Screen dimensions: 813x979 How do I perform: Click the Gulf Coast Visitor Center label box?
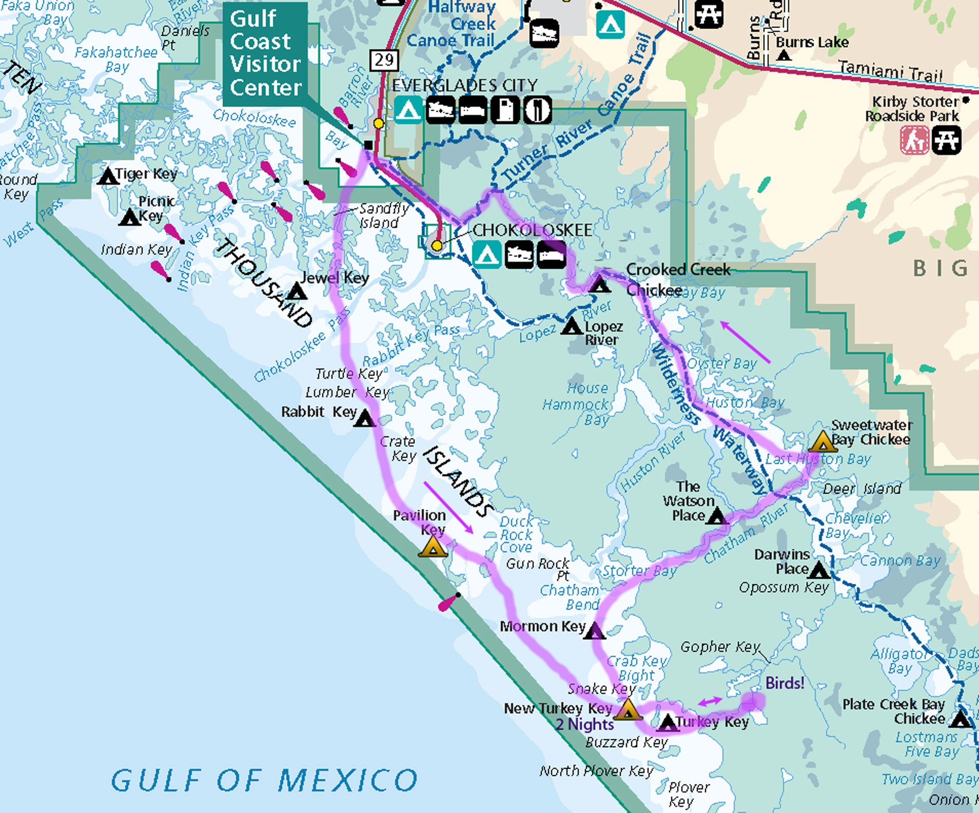[x=265, y=53]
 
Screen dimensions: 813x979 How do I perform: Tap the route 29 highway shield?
[x=384, y=60]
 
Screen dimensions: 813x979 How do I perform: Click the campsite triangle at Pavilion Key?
[x=433, y=548]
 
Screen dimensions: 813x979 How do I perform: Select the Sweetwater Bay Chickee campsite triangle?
[x=823, y=442]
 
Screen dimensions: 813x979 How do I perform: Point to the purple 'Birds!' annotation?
[x=785, y=683]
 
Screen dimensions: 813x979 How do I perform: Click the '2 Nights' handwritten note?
[x=584, y=724]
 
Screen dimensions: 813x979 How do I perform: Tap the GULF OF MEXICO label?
[x=264, y=780]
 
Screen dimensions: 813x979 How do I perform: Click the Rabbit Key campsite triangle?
[x=365, y=419]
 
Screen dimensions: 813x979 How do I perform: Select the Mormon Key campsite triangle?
[x=595, y=630]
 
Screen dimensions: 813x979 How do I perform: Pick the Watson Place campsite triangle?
[x=716, y=516]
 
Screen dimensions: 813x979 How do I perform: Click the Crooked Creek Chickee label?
[x=677, y=279]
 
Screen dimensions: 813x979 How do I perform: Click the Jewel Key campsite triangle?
[x=297, y=292]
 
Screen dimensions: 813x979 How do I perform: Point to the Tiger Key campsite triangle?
[x=108, y=177]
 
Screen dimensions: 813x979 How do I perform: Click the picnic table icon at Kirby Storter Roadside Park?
[x=946, y=140]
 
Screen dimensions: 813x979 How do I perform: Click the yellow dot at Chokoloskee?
[x=437, y=246]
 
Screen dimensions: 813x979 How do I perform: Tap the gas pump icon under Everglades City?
[x=505, y=109]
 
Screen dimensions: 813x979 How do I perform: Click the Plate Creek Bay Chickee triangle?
[x=960, y=720]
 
